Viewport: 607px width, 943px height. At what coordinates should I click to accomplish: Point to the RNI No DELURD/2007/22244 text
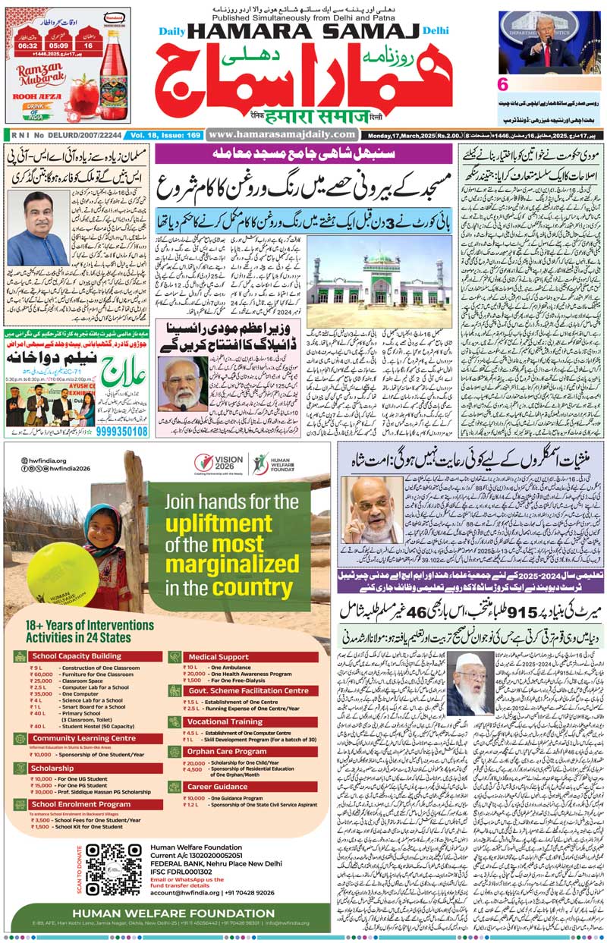tap(64, 134)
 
